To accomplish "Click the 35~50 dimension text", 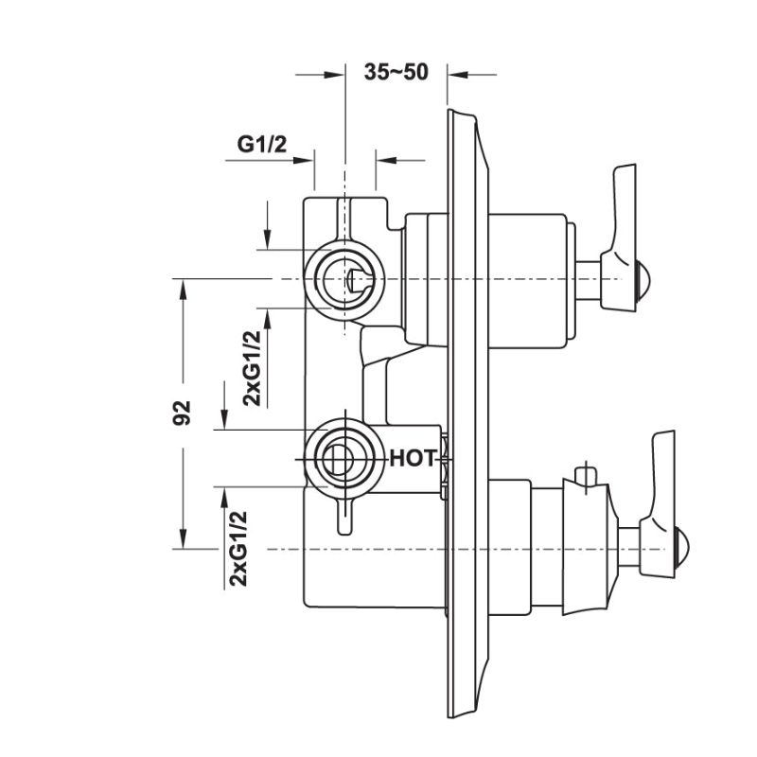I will [x=396, y=72].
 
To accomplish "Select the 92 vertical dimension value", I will [x=184, y=413].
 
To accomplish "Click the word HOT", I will [x=414, y=459].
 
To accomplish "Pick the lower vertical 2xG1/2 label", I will [x=238, y=548].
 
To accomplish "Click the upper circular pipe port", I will [x=347, y=280].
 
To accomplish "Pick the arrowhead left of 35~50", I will [x=334, y=73].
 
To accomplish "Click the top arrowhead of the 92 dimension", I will [x=184, y=287].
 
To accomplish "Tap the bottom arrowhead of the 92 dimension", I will [x=184, y=542].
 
